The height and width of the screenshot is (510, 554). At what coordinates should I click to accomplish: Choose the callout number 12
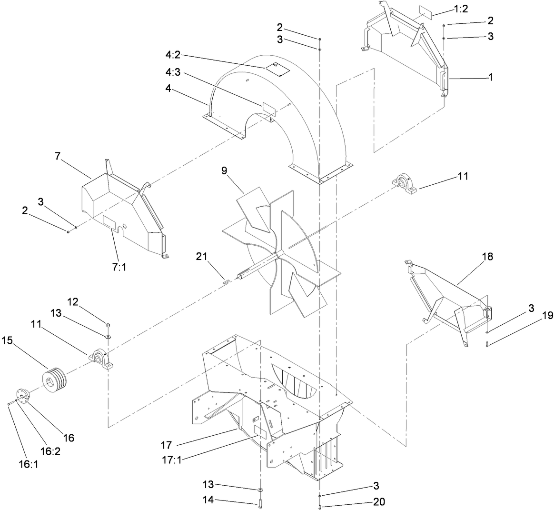[x=72, y=302]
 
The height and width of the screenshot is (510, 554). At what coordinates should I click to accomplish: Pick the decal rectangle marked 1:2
[x=425, y=12]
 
